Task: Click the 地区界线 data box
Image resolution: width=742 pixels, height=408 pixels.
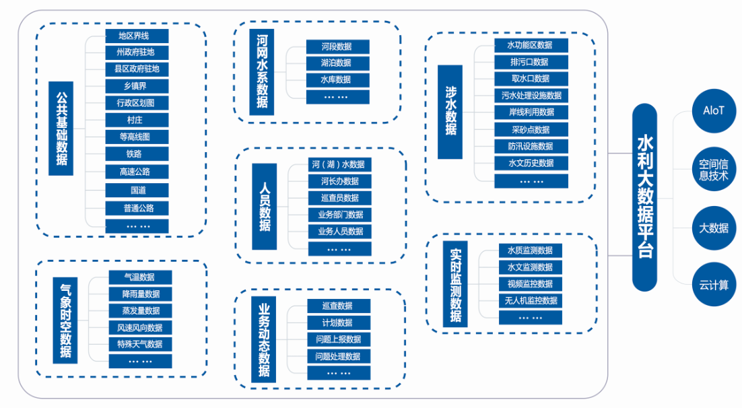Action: (137, 36)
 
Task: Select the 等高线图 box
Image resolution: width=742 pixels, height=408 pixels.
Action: (137, 137)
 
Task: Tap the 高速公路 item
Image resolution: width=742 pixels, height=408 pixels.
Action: (137, 172)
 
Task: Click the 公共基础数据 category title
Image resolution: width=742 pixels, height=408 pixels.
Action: (61, 129)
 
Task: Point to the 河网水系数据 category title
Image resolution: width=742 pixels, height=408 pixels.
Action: (261, 72)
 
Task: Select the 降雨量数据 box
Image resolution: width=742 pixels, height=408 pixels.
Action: (140, 294)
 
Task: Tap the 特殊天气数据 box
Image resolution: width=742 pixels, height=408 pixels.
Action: (140, 345)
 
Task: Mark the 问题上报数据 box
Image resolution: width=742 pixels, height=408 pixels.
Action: (338, 339)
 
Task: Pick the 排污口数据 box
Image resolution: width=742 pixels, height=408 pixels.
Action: (531, 62)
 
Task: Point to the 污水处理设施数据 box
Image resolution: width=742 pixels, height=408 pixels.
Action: (531, 96)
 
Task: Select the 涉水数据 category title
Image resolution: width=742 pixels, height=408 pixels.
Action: (450, 112)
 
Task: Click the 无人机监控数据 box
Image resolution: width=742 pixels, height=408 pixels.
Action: (531, 301)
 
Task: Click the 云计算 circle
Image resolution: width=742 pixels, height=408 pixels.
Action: (714, 285)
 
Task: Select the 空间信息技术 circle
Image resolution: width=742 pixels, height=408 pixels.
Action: (714, 170)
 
